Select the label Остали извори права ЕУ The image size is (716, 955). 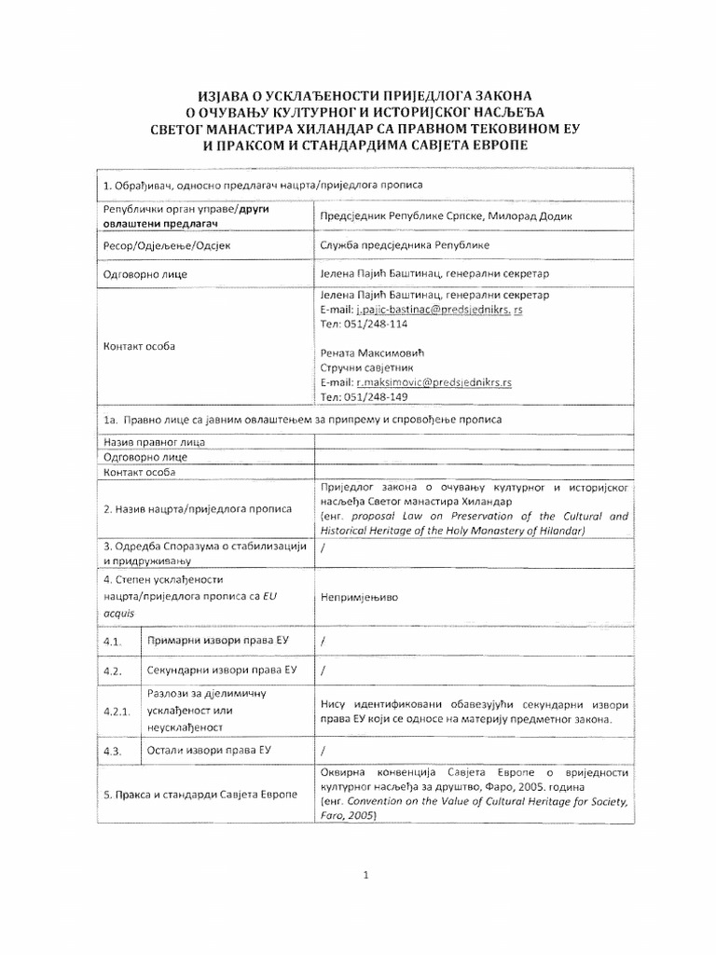click(209, 751)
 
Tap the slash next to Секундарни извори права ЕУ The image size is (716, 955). click(323, 671)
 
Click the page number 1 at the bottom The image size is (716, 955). click(366, 875)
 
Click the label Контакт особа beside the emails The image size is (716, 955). click(141, 346)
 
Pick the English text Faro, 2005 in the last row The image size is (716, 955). click(348, 815)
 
